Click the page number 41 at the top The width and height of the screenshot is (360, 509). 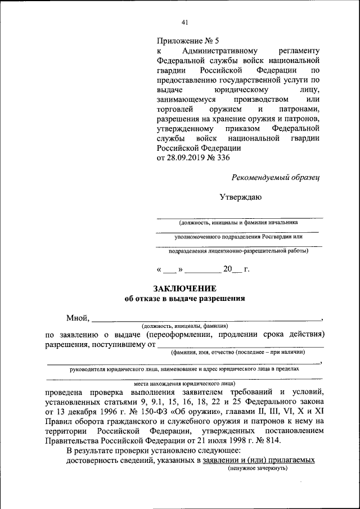coord(184,22)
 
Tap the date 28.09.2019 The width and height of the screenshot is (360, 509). coord(188,158)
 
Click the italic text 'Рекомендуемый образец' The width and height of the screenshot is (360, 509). coord(276,177)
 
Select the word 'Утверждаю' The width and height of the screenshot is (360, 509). coord(240,197)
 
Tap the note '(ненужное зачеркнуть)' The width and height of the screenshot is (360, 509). coord(258,467)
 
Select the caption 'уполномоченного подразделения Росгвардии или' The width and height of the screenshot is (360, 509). coord(238,237)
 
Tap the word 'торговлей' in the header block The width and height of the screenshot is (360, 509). coord(175,109)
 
